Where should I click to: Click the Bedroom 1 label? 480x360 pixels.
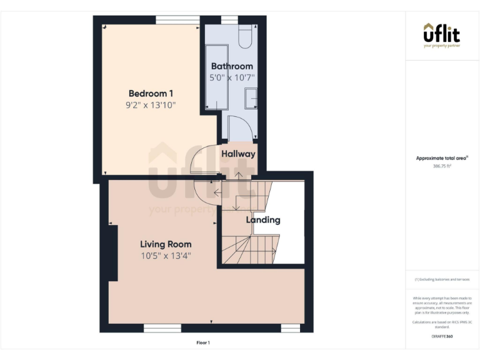click(151, 93)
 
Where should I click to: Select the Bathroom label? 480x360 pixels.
click(232, 66)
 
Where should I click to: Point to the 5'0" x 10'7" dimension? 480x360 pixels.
click(232, 78)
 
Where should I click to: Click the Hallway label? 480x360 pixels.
click(238, 154)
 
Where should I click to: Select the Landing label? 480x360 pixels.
click(263, 220)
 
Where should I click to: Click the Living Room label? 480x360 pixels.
click(166, 244)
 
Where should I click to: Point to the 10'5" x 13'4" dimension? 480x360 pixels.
click(166, 256)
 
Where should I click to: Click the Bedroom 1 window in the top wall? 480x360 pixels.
click(173, 20)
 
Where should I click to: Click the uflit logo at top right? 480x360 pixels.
click(442, 35)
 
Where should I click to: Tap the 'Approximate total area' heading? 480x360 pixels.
click(441, 158)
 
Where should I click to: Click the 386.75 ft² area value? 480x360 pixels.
click(441, 166)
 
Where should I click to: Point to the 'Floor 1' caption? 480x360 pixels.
click(203, 342)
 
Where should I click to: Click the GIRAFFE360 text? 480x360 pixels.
click(442, 337)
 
